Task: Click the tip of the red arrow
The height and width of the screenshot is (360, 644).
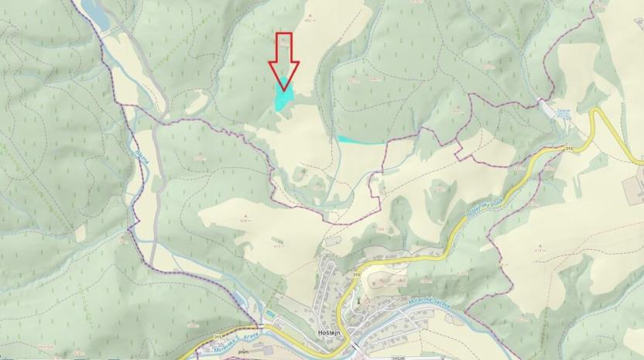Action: click(x=284, y=90)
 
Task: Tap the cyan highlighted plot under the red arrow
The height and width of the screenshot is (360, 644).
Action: click(x=283, y=98)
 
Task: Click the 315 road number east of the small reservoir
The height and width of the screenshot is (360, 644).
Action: click(x=569, y=148)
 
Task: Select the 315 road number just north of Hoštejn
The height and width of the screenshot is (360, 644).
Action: click(x=357, y=274)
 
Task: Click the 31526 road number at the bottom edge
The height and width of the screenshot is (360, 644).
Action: click(x=399, y=357)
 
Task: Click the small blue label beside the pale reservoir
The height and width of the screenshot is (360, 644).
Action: click(x=563, y=113)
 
